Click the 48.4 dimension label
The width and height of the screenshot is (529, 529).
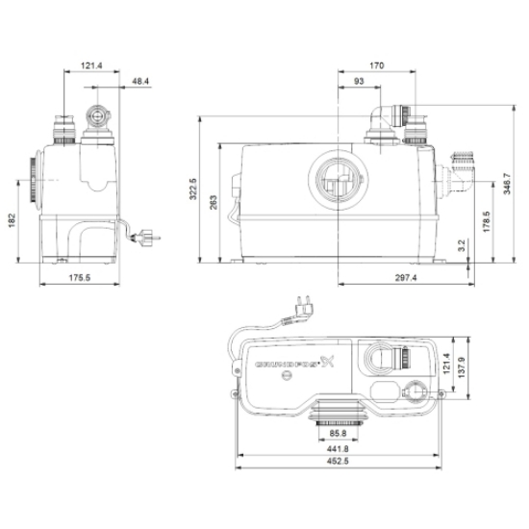coord(140,82)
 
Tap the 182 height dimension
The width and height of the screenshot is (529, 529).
coord(13,220)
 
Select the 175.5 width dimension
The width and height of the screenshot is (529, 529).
coord(80,278)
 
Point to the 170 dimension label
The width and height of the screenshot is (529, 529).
coord(376,65)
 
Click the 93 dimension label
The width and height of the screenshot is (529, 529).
coord(359,82)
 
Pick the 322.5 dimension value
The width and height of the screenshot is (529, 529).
coord(193,189)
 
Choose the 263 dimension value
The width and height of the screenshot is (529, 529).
coord(214,202)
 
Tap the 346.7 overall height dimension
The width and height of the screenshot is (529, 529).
coord(507,184)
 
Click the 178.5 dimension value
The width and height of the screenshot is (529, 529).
coord(486,221)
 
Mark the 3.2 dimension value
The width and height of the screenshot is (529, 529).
coord(462,245)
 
